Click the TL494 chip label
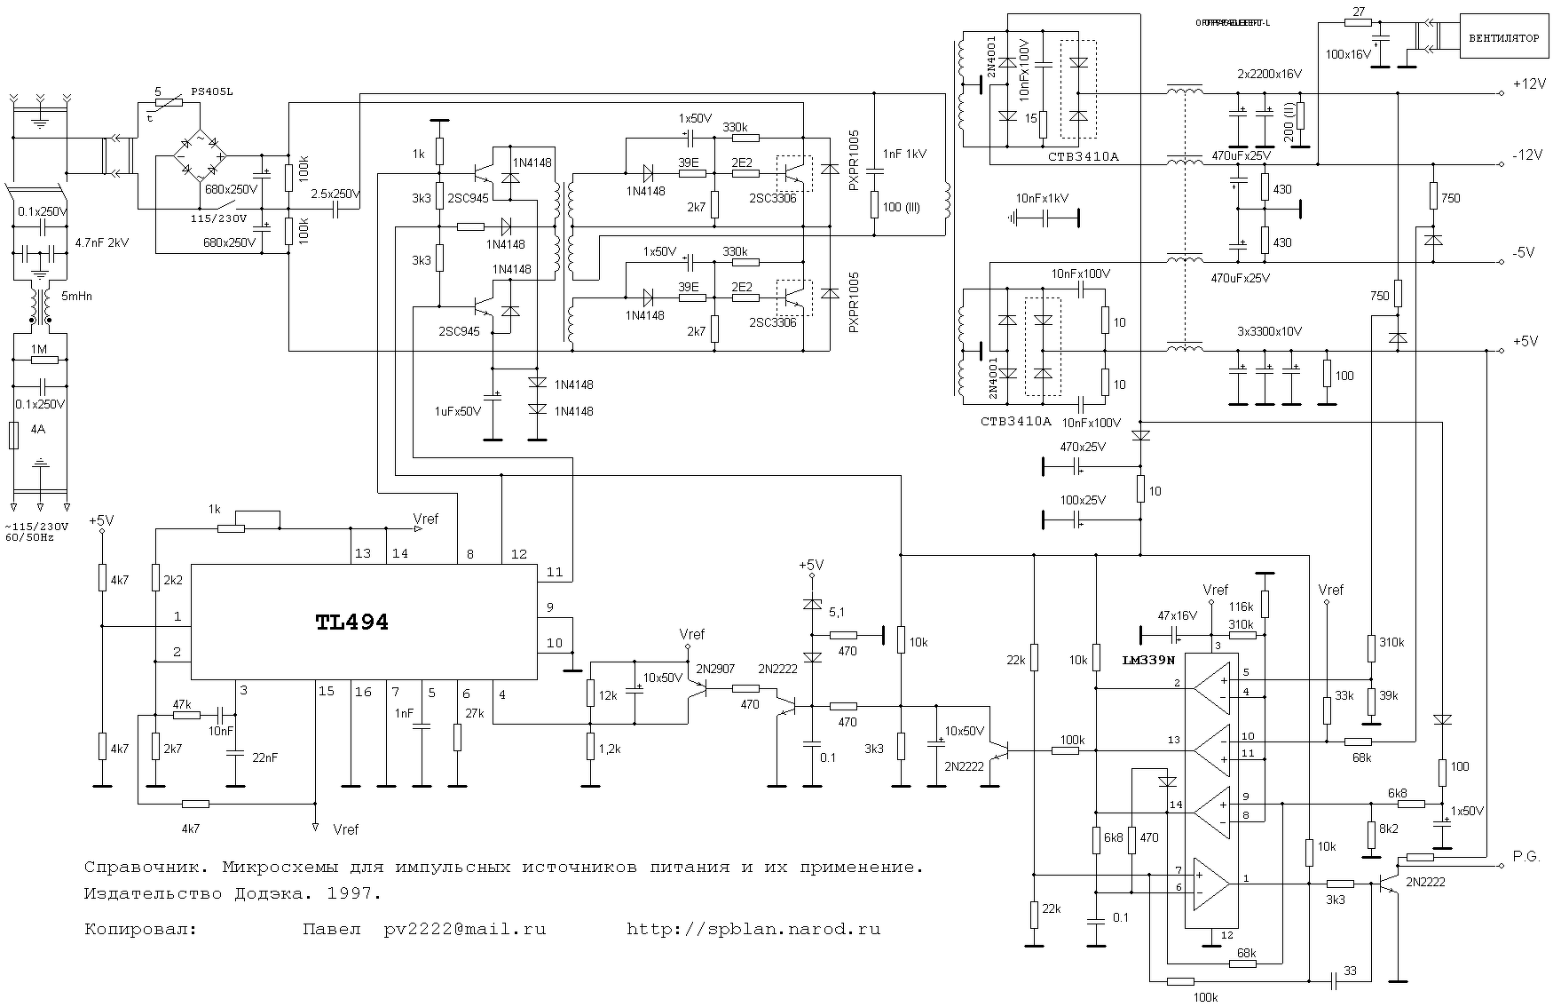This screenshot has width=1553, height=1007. (351, 622)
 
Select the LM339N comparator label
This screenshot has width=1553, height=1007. (1148, 661)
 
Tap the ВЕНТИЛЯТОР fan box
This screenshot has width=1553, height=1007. (1503, 39)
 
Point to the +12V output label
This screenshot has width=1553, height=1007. (1528, 84)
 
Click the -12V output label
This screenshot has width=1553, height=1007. (1527, 155)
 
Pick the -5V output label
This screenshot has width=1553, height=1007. (1524, 253)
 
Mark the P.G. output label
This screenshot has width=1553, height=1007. (1526, 857)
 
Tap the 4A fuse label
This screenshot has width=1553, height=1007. (37, 429)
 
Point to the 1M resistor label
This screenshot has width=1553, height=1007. (38, 349)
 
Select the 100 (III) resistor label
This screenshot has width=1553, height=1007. (902, 208)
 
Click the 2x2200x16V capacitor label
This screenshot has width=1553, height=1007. (1269, 74)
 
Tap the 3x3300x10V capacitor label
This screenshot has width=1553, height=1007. (1269, 331)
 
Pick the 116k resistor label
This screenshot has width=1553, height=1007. (1241, 607)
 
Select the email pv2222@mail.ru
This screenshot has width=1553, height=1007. (464, 930)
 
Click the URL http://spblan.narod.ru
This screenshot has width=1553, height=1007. (753, 930)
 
